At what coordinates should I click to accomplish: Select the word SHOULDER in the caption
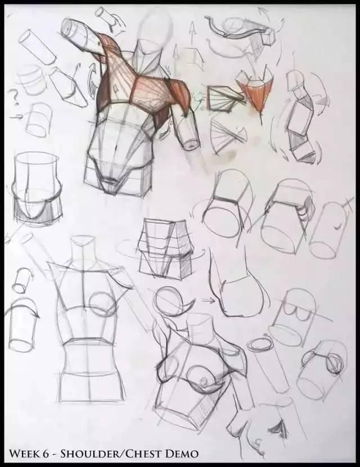coord(92,454)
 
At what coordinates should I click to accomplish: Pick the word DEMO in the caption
coord(182,454)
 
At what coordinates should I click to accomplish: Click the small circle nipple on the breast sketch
coord(204,380)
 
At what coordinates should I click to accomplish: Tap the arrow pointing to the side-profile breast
coord(209,301)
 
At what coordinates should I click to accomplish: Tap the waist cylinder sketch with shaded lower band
coord(37,190)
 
